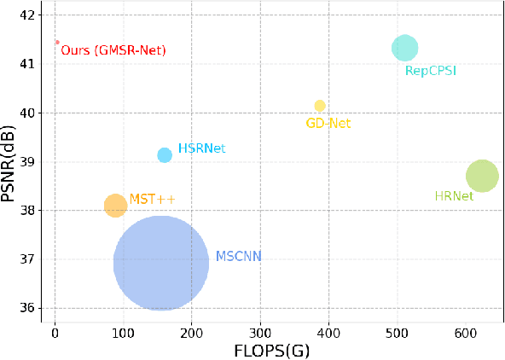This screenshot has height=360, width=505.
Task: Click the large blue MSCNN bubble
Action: (x=160, y=263)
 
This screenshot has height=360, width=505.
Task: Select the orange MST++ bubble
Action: (x=115, y=206)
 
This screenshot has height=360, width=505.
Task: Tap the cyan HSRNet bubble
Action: (x=165, y=154)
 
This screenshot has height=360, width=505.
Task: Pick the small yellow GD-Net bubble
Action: (x=320, y=106)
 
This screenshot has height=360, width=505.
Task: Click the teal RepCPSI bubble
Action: (x=404, y=49)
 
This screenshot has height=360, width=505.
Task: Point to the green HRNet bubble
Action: (x=482, y=177)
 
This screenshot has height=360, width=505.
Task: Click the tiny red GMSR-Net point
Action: (x=57, y=42)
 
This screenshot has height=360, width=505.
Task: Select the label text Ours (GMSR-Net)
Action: (x=113, y=51)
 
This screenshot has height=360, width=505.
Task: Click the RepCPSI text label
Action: (x=430, y=71)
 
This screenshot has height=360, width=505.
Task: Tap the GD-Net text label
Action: (x=328, y=124)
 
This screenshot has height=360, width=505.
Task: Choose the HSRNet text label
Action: (x=201, y=148)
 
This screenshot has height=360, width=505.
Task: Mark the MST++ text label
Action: (x=152, y=200)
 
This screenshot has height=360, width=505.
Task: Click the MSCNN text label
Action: (x=238, y=256)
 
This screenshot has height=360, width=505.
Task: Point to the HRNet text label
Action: (x=454, y=196)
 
